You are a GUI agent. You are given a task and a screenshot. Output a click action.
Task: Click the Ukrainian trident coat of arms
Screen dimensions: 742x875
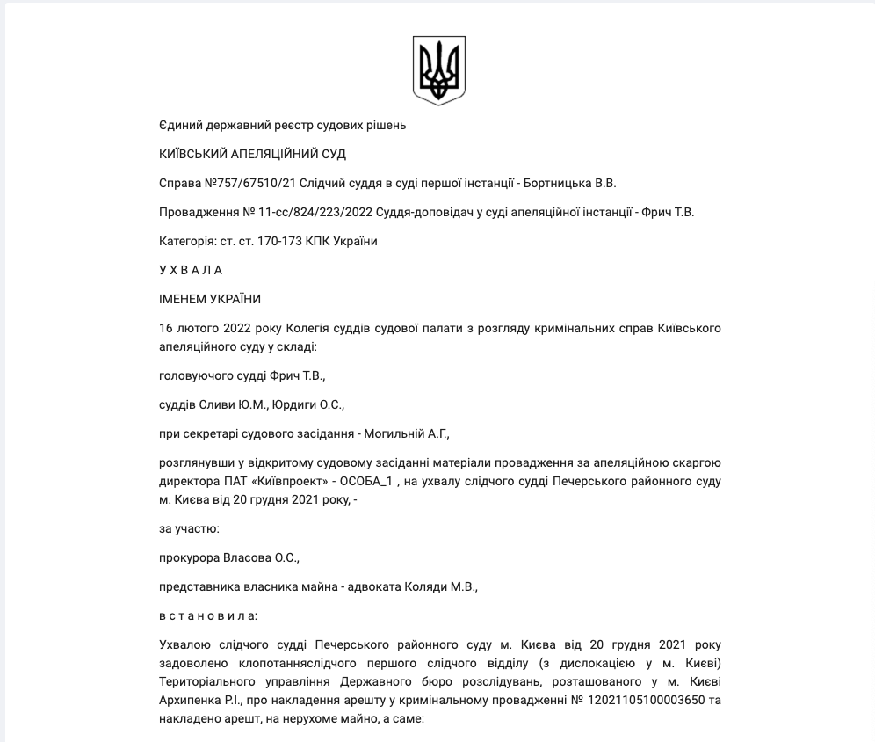[x=438, y=70]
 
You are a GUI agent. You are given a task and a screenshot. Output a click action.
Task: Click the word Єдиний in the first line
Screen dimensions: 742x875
[x=179, y=125]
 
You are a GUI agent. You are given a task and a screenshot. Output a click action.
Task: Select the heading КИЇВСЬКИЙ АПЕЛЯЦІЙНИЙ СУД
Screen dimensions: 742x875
[x=252, y=154]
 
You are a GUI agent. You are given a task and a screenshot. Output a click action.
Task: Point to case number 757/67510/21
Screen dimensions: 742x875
[x=254, y=183]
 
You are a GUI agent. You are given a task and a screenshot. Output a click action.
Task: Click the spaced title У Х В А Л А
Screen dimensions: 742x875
[x=191, y=270]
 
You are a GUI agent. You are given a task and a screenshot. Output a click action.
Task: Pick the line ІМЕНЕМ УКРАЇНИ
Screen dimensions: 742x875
[x=210, y=299]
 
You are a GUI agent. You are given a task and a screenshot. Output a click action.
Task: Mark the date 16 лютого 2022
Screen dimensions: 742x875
[x=203, y=328]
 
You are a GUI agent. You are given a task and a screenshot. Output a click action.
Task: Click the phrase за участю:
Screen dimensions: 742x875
[x=189, y=528]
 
